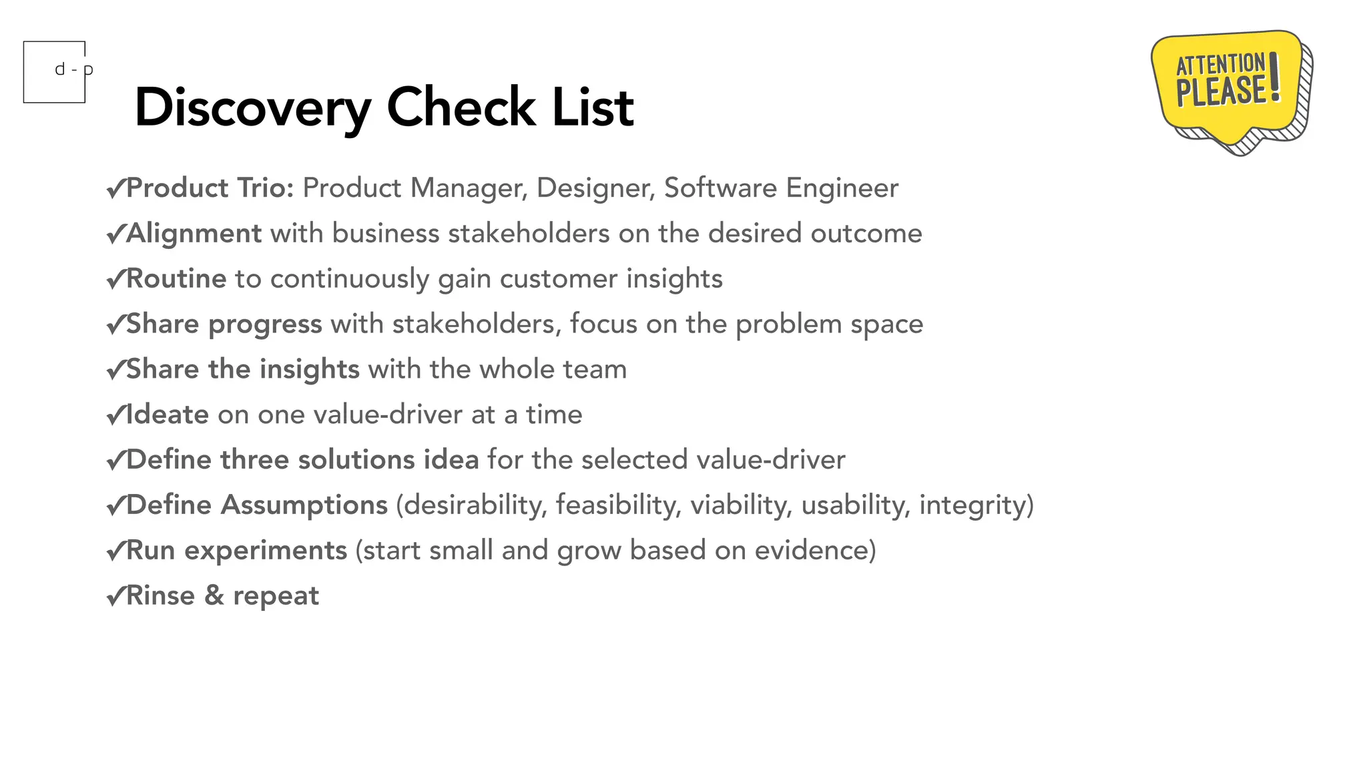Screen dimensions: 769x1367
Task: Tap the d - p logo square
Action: (55, 72)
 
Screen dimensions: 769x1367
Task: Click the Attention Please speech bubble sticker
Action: (1230, 87)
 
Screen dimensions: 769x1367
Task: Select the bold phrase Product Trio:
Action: (210, 188)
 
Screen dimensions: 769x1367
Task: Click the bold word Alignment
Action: (194, 234)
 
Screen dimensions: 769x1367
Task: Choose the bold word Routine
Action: (176, 278)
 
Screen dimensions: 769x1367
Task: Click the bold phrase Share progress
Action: (224, 324)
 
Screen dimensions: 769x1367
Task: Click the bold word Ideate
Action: (167, 415)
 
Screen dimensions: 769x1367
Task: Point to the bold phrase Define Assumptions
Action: (256, 505)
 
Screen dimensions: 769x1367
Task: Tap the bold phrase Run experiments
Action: (236, 551)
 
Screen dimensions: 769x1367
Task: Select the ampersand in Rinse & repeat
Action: (214, 595)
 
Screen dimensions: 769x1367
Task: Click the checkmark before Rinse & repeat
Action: (115, 595)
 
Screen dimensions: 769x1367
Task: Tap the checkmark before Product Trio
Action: (115, 189)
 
